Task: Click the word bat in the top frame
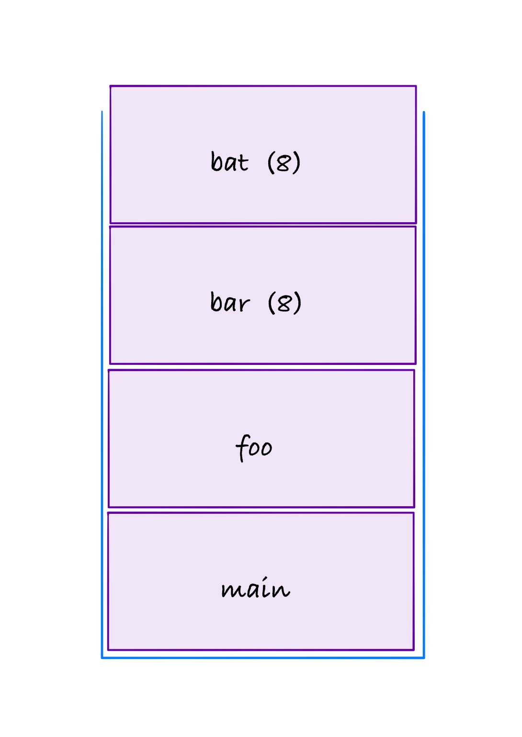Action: [x=230, y=161]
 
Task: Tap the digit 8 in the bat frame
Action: [x=284, y=163]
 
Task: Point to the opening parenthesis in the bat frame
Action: [x=271, y=162]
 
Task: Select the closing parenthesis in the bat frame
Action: [x=296, y=162]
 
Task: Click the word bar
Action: [x=230, y=302]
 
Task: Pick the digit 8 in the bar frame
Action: [x=284, y=303]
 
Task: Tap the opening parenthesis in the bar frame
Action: [x=272, y=303]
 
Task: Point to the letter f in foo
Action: [x=242, y=448]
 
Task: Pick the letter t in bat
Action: [x=243, y=163]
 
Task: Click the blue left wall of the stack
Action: [x=102, y=385]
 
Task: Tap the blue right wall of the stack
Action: [x=424, y=385]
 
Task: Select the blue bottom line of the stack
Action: [x=263, y=658]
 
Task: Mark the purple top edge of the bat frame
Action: [x=263, y=86]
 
